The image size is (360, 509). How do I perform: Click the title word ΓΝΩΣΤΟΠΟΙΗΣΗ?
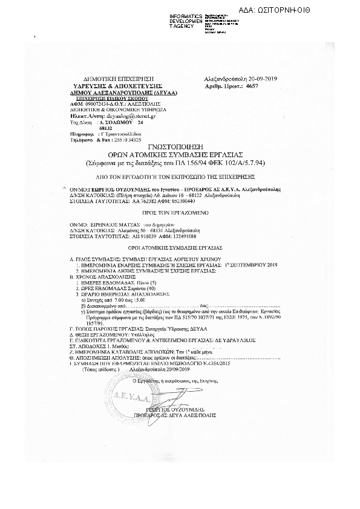180,148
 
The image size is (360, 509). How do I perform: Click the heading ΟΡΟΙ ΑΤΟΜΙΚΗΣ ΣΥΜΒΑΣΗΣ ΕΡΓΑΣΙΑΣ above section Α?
180,247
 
